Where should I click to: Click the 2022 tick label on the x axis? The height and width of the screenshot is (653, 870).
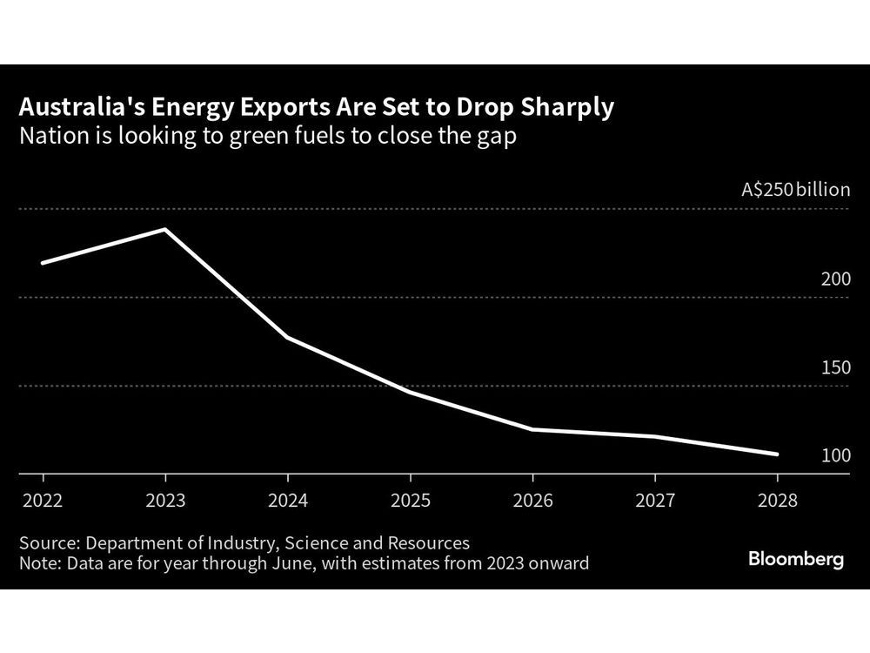click(42, 502)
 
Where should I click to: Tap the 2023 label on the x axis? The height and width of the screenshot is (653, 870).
click(164, 502)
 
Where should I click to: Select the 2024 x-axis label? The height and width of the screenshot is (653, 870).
click(287, 502)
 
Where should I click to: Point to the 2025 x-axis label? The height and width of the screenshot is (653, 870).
click(409, 502)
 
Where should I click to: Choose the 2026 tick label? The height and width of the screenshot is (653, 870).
click(532, 502)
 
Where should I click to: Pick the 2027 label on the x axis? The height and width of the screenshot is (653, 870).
click(654, 502)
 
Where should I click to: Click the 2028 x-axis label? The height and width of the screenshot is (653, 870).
click(776, 502)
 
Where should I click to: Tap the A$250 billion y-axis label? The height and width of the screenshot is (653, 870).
click(795, 189)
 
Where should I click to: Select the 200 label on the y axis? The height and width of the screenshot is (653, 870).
click(835, 279)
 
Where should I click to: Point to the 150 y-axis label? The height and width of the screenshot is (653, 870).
click(835, 367)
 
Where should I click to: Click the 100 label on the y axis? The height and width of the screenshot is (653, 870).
click(835, 455)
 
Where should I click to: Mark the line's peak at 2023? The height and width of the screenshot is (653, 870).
click(164, 230)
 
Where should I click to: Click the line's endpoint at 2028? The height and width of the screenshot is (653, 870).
click(776, 454)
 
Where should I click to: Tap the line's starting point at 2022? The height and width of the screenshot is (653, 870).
click(42, 263)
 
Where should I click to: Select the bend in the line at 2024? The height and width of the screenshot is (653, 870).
click(287, 337)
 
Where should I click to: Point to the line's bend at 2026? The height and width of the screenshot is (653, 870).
click(532, 429)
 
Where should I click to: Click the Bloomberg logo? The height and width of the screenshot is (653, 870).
click(796, 559)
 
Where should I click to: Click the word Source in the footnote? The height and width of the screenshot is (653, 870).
click(48, 542)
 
